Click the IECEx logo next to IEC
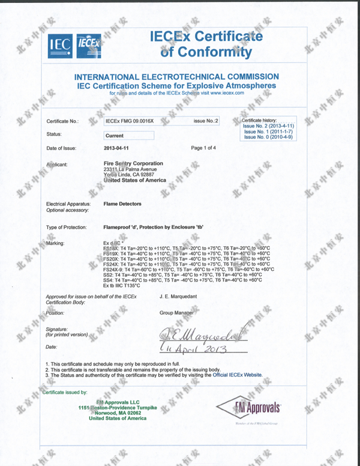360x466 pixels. click(88, 43)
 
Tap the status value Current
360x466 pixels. click(114, 136)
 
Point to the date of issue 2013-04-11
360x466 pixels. click(117, 148)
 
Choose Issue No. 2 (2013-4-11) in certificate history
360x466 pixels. click(268, 126)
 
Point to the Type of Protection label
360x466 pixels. click(68, 228)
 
